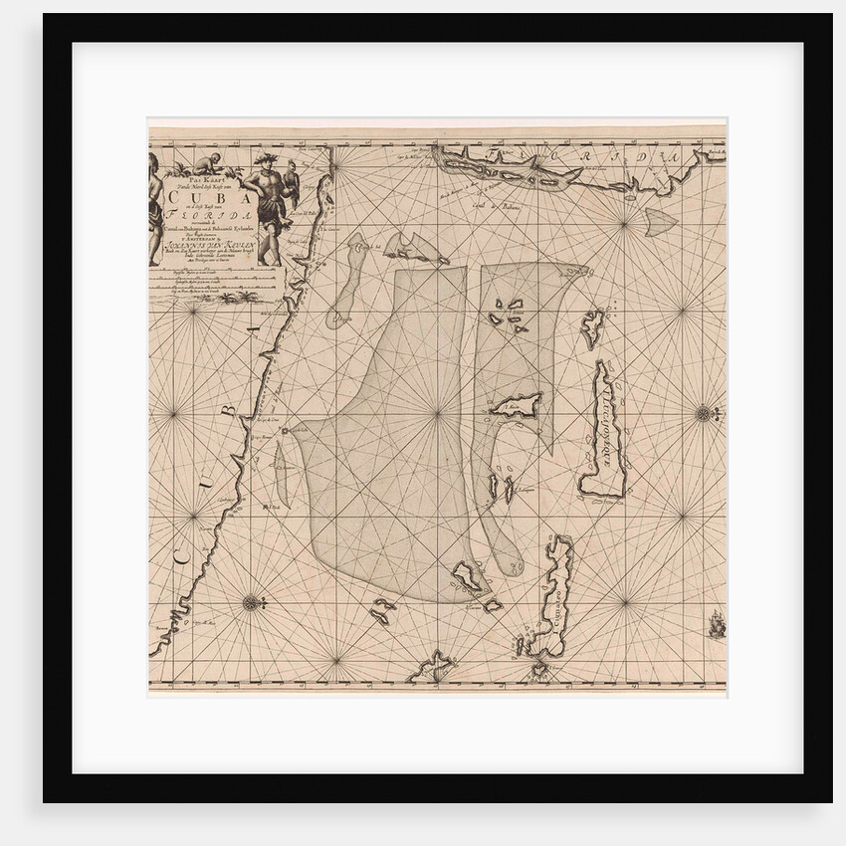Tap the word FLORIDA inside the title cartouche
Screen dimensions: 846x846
(205, 214)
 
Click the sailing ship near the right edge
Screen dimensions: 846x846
(715, 626)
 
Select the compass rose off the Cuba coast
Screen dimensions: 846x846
(250, 601)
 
